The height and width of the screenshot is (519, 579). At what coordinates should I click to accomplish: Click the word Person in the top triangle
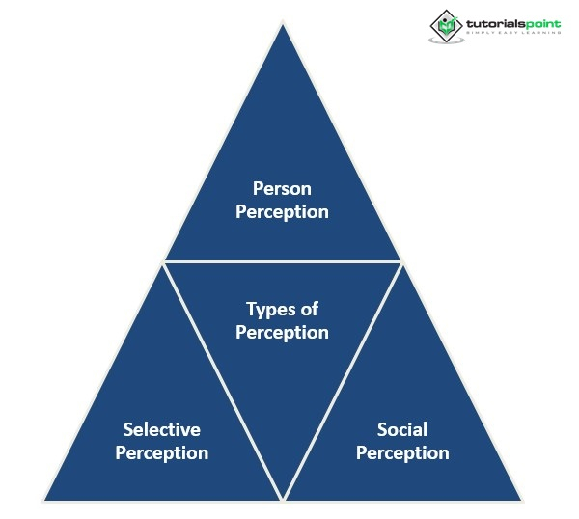[x=282, y=187]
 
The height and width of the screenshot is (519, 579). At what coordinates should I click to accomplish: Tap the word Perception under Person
[x=282, y=211]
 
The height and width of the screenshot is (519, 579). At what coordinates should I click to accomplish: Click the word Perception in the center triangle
[x=282, y=333]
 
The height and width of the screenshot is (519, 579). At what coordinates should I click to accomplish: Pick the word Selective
[x=161, y=429]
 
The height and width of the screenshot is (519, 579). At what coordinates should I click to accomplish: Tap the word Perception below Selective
[x=161, y=452]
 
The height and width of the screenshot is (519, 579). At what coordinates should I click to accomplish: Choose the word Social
[x=402, y=429]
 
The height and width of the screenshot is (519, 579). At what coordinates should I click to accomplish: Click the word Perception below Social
[x=402, y=452]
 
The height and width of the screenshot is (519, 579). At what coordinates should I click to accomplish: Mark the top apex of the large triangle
[x=282, y=24]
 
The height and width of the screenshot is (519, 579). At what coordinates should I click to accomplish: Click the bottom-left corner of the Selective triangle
[x=45, y=499]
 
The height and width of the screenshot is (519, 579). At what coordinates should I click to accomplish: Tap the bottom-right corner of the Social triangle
[x=520, y=499]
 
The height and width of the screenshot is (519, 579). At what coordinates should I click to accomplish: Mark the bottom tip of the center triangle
[x=282, y=498]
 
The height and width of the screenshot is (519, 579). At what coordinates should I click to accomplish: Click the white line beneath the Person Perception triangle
[x=282, y=261]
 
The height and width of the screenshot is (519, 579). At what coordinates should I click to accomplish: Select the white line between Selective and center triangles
[x=222, y=381]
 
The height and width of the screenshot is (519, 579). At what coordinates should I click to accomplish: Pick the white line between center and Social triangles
[x=342, y=381]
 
